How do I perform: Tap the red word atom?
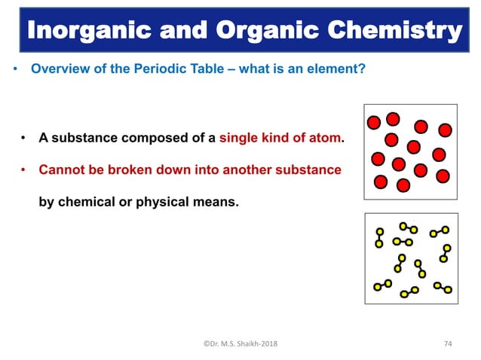pyautogui.click(x=325, y=139)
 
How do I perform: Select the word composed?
pyautogui.click(x=158, y=139)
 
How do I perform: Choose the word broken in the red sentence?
pyautogui.click(x=146, y=170)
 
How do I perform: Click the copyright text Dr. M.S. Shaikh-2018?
pyautogui.click(x=240, y=343)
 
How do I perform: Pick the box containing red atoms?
pyautogui.click(x=410, y=151)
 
